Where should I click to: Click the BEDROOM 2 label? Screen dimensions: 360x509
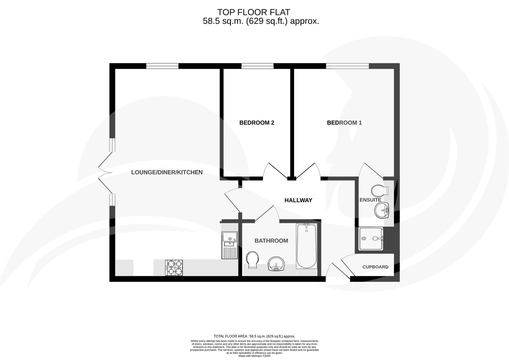pyautogui.click(x=256, y=123)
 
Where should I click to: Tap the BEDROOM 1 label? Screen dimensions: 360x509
pyautogui.click(x=344, y=123)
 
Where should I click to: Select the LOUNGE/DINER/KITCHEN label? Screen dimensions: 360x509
pyautogui.click(x=167, y=172)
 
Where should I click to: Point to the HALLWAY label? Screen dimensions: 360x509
pyautogui.click(x=298, y=200)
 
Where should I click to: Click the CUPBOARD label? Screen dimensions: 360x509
pyautogui.click(x=375, y=267)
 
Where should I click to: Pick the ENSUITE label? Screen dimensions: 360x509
pyautogui.click(x=370, y=200)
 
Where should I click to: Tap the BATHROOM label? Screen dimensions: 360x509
pyautogui.click(x=271, y=241)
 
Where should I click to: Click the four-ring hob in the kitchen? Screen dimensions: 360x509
pyautogui.click(x=174, y=268)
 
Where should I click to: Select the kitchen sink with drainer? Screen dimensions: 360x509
pyautogui.click(x=230, y=245)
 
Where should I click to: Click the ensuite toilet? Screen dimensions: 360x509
pyautogui.click(x=379, y=191)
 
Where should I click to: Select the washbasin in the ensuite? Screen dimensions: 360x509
pyautogui.click(x=382, y=211)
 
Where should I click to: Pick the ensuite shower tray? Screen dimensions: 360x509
pyautogui.click(x=370, y=239)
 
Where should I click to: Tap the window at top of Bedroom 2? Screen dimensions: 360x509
pyautogui.click(x=257, y=66)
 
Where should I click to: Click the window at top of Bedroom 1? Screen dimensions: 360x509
pyautogui.click(x=347, y=66)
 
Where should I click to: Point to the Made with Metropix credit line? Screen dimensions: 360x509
pyautogui.click(x=254, y=356)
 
